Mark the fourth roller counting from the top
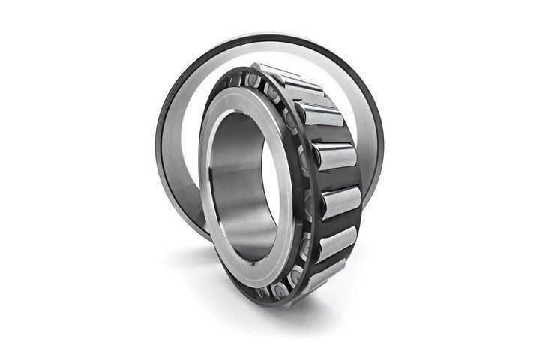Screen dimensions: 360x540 (x=334, y=156)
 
